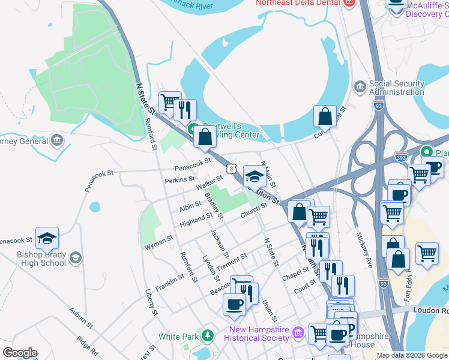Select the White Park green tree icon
point(208,334)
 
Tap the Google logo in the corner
point(20,353)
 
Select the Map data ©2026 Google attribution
point(412,355)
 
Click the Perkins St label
point(179,179)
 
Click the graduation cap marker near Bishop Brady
point(47,239)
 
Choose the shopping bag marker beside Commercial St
point(325,116)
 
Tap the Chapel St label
point(295,273)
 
